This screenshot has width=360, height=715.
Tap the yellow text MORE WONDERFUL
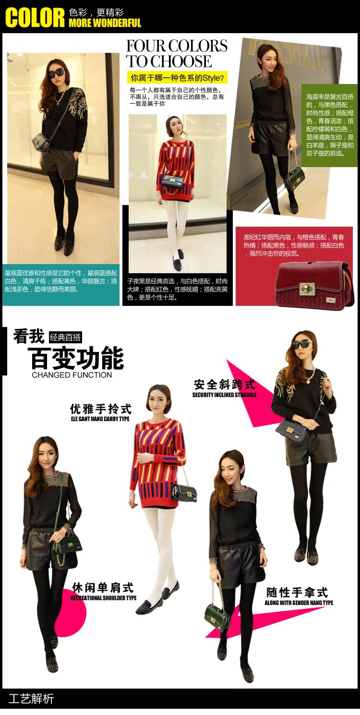105,23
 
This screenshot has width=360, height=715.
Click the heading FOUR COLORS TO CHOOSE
177,53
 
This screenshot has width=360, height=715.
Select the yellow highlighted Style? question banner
177,78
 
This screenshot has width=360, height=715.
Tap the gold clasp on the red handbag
307,288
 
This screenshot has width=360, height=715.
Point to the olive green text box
329,125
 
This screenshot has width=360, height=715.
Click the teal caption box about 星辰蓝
61,284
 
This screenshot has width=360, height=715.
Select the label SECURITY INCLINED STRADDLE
224,395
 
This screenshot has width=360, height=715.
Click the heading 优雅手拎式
100,409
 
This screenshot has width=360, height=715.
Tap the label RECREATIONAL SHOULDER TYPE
103,598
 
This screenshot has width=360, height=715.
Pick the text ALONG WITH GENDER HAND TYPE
299,603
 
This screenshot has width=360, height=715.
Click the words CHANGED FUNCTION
72,375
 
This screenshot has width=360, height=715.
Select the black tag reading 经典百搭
65,337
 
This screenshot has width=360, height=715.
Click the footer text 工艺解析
31,699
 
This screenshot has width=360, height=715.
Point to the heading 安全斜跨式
224,385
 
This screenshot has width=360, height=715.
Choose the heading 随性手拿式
297,593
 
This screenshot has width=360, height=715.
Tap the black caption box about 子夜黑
178,289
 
